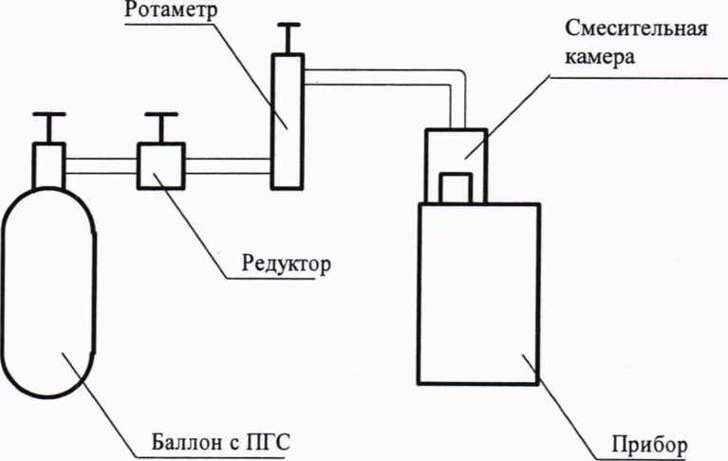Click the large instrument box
point(478,304)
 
